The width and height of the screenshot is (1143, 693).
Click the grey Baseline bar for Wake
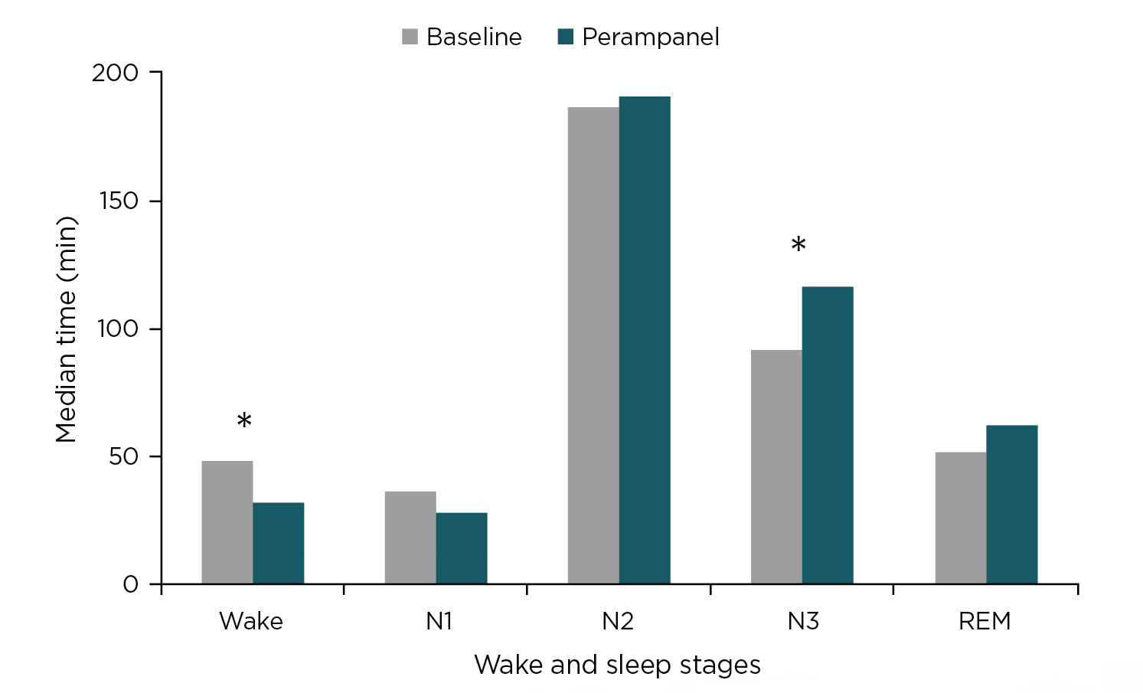227,522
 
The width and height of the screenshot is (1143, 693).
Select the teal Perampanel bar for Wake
279,543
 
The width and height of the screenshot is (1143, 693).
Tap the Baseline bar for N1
410,538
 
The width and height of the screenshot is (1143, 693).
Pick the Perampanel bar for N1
462,548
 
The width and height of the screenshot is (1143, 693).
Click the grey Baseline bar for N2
593,345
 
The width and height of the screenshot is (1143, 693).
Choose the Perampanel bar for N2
645,340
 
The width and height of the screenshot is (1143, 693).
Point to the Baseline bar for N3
776,467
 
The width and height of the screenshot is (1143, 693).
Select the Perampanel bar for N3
828,435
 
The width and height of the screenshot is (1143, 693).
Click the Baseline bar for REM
961,518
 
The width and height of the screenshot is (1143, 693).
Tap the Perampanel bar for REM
1012,505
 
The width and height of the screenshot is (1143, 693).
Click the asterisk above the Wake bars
244,421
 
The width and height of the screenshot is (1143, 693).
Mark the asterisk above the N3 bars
798,246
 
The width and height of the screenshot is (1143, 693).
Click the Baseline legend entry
462,37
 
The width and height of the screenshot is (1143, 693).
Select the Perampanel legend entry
638,37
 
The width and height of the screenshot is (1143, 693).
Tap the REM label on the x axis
985,621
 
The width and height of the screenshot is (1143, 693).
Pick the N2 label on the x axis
618,621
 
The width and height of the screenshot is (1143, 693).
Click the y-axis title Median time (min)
67,329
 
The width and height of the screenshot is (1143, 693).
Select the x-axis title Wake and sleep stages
617,665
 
